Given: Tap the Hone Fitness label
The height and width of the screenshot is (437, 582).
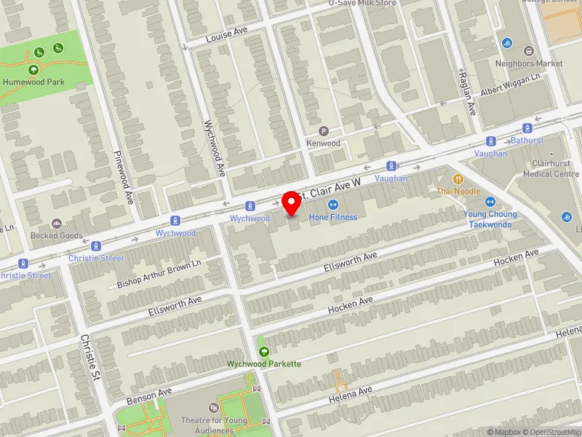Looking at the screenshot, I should click(x=333, y=217).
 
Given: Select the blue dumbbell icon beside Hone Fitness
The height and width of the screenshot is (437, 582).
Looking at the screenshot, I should click(x=333, y=205).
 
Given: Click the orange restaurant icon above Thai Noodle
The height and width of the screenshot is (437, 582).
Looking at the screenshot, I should click(x=458, y=178).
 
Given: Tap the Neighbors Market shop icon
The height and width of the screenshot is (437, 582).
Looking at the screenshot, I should click(x=528, y=51).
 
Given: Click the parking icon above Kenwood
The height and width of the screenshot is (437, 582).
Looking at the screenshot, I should click(x=324, y=131).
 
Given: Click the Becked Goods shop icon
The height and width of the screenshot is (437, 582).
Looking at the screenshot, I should click(x=57, y=224).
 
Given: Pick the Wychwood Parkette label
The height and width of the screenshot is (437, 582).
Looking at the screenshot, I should click(x=263, y=363).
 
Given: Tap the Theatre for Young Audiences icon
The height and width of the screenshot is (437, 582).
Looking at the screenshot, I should click(x=213, y=409).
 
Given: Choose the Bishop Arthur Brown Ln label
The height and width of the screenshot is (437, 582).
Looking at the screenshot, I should click(x=158, y=275).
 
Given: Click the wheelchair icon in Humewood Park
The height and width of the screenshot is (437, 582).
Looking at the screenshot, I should click(x=39, y=51).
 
